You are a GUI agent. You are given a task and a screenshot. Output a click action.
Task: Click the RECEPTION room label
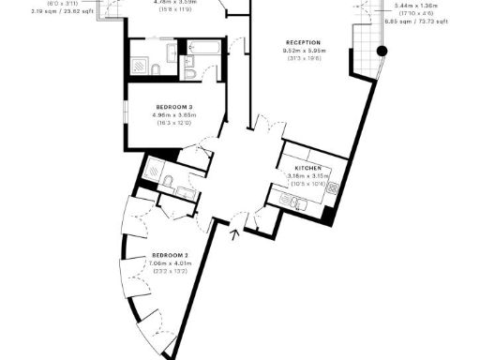(303, 42)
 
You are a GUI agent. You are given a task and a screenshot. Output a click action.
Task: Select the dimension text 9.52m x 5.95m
(303, 50)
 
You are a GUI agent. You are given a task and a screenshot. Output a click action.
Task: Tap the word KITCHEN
(295, 167)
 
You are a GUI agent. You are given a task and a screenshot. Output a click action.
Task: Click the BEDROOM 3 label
(176, 108)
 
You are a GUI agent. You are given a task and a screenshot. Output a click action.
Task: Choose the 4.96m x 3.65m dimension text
(176, 115)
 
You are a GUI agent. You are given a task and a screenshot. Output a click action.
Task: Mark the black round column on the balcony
(381, 51)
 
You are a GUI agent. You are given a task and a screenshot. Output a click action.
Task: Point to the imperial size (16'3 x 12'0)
(176, 123)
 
